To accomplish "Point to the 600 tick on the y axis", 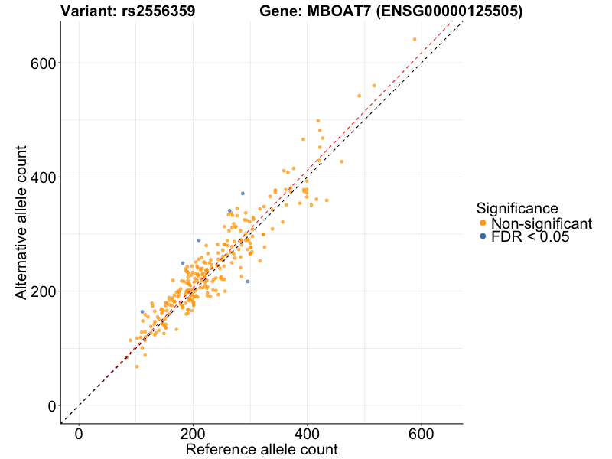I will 45,63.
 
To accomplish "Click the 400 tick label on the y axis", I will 45,177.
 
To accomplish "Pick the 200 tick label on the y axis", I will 45,291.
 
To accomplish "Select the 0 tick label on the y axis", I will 53,405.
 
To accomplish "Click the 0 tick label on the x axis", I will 79,434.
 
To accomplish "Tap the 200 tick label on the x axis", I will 193,434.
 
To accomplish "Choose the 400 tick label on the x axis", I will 308,434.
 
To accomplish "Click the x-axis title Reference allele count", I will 262,449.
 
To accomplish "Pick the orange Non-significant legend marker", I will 482,223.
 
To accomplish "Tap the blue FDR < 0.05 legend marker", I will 482,238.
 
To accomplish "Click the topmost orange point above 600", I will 415,39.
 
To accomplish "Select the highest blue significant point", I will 243,194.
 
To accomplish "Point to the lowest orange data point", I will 137,366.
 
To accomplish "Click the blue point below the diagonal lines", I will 247,282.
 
